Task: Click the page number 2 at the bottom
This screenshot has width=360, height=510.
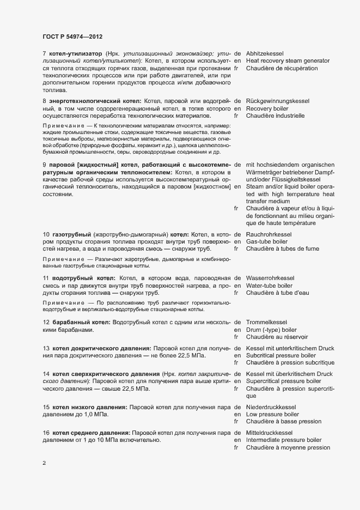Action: [45, 463]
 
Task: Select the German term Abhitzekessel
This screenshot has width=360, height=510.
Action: [268, 54]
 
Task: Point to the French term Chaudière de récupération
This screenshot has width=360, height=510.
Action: [282, 69]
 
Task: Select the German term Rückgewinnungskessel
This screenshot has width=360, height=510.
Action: [278, 101]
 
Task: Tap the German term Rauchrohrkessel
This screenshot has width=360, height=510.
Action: [269, 235]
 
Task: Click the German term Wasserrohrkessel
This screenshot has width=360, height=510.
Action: [271, 278]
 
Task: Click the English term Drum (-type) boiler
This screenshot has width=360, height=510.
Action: [271, 330]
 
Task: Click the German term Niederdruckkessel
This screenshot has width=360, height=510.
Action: [271, 407]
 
